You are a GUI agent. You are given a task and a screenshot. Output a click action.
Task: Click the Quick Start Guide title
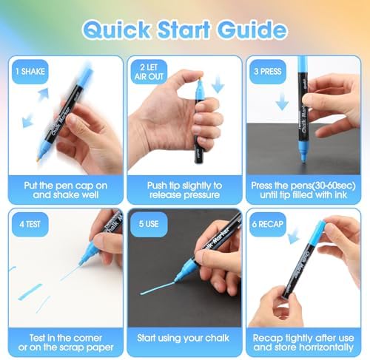pyautogui.click(x=184, y=30)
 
